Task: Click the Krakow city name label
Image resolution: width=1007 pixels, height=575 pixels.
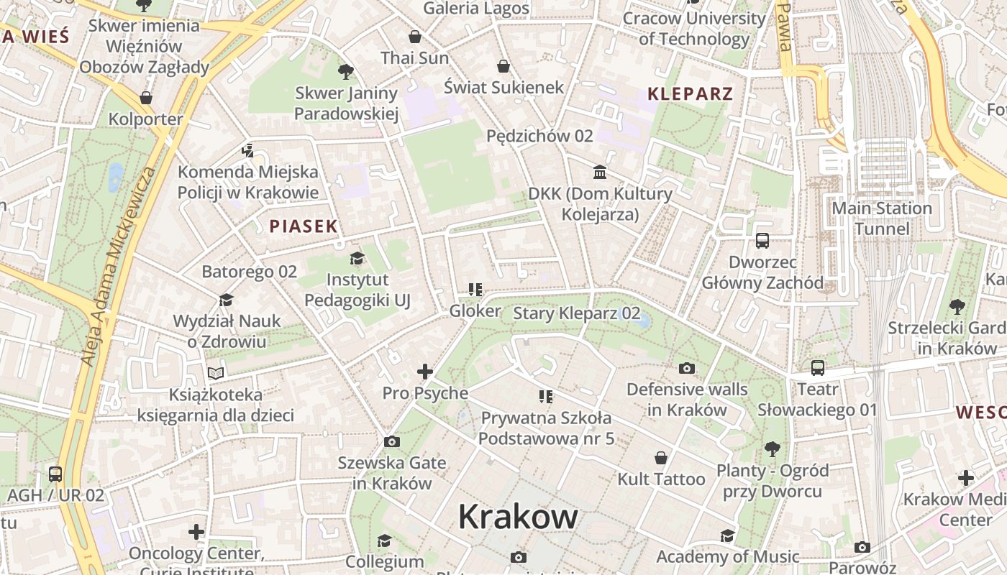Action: (518, 516)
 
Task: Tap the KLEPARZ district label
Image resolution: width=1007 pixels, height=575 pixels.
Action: (690, 93)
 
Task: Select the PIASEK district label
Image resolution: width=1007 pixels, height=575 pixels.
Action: (303, 226)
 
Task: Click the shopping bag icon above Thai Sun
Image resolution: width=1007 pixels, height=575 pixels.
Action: (415, 37)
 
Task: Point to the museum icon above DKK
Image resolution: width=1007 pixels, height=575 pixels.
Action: (600, 172)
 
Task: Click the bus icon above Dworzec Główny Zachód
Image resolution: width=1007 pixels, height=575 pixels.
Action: (762, 241)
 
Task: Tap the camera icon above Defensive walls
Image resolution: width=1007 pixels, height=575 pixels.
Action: (687, 369)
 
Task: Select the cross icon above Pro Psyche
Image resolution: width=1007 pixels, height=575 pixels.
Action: (425, 372)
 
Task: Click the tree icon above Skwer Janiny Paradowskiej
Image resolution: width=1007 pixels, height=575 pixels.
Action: (346, 72)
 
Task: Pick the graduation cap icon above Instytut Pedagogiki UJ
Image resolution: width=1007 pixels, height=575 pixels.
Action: (357, 258)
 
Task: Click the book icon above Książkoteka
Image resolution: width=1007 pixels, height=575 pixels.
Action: (216, 373)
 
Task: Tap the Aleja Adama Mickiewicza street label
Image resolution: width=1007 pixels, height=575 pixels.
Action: (119, 266)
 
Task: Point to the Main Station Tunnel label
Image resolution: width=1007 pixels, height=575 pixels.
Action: (882, 218)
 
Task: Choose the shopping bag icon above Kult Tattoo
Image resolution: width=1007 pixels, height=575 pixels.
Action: (661, 458)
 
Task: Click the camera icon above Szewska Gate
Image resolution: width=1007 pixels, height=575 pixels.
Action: (392, 441)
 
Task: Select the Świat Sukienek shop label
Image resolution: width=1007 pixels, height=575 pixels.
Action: (503, 88)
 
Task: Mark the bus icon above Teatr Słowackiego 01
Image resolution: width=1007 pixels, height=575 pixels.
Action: (818, 368)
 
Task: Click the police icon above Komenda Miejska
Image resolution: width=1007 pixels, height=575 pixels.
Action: (248, 151)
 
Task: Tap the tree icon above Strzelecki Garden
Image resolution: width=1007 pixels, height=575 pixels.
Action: (957, 307)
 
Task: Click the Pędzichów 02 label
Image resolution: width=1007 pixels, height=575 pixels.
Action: (539, 136)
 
